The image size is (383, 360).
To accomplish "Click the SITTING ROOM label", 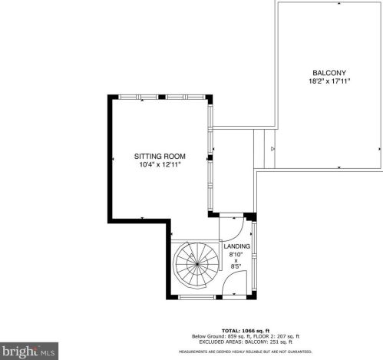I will point(160,156).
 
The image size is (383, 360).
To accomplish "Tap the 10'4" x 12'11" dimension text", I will point(160,164).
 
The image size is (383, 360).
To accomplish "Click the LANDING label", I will point(236,246).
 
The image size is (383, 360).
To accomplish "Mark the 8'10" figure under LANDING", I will point(236,254).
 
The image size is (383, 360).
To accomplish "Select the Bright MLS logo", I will point(28,352).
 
